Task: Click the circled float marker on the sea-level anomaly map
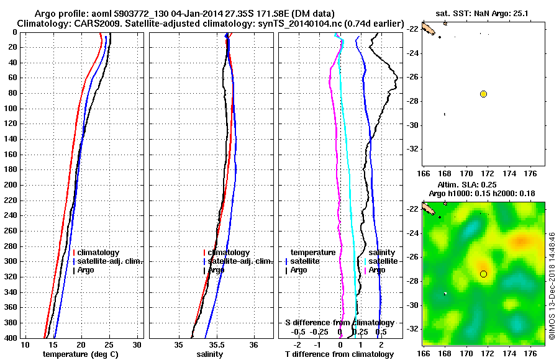coord(483,274)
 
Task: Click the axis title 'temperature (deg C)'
coord(80,354)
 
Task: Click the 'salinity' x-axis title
coord(211,354)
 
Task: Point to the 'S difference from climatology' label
coord(340,323)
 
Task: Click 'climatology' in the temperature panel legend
coord(98,253)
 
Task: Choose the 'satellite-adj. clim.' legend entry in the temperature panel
coord(107,261)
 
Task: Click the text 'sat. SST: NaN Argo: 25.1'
coord(484,13)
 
